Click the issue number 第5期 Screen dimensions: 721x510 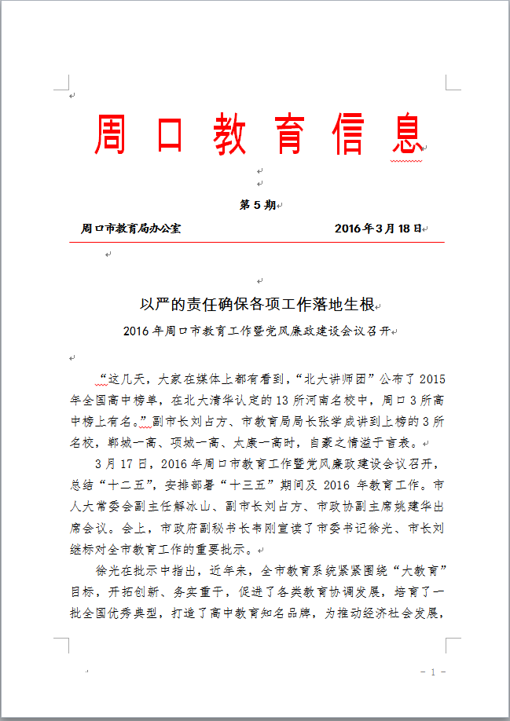coord(257,205)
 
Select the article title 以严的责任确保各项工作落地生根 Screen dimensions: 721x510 coord(256,304)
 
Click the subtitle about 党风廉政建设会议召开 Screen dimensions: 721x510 coord(256,331)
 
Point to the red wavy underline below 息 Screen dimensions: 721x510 coord(406,160)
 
